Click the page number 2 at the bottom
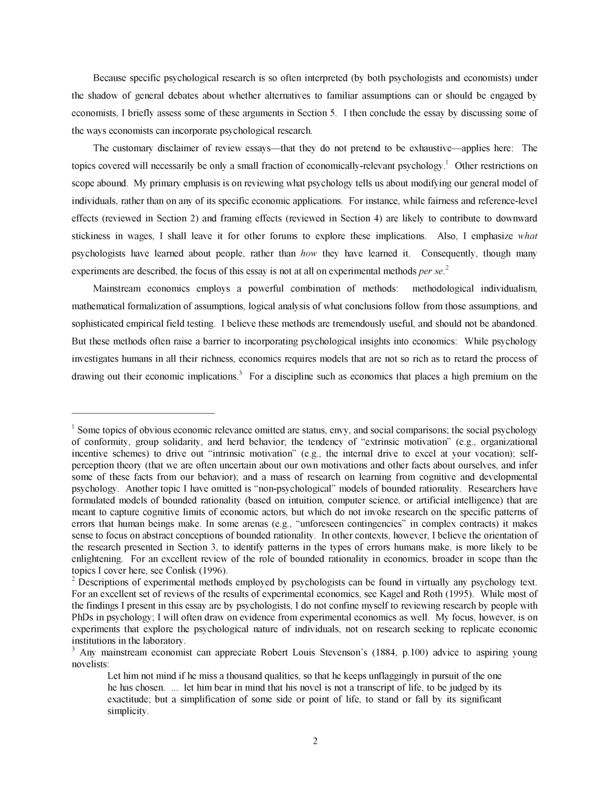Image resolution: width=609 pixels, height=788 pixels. click(315, 741)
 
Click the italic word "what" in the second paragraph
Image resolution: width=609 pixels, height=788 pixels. click(527, 236)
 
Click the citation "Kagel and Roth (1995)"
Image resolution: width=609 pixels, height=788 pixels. click(430, 593)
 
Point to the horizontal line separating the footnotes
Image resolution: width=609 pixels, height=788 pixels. click(143, 413)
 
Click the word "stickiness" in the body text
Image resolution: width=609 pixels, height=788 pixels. click(91, 236)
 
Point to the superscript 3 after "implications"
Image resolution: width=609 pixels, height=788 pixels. click(240, 374)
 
